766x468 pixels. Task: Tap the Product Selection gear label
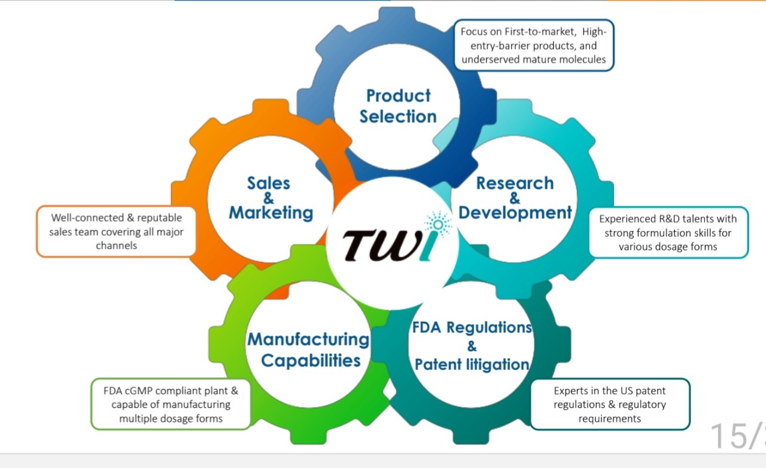[398, 106]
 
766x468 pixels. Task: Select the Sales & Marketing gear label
[270, 198]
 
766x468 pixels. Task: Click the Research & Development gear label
[515, 198]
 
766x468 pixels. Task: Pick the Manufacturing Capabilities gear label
[309, 349]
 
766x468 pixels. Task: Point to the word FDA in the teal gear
[427, 328]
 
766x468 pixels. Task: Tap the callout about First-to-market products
[534, 46]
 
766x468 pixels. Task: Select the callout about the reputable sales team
[116, 231]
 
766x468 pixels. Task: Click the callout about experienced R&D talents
[668, 233]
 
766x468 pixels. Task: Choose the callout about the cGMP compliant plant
[171, 404]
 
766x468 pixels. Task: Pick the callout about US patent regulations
[610, 404]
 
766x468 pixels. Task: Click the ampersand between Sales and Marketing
[269, 198]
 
